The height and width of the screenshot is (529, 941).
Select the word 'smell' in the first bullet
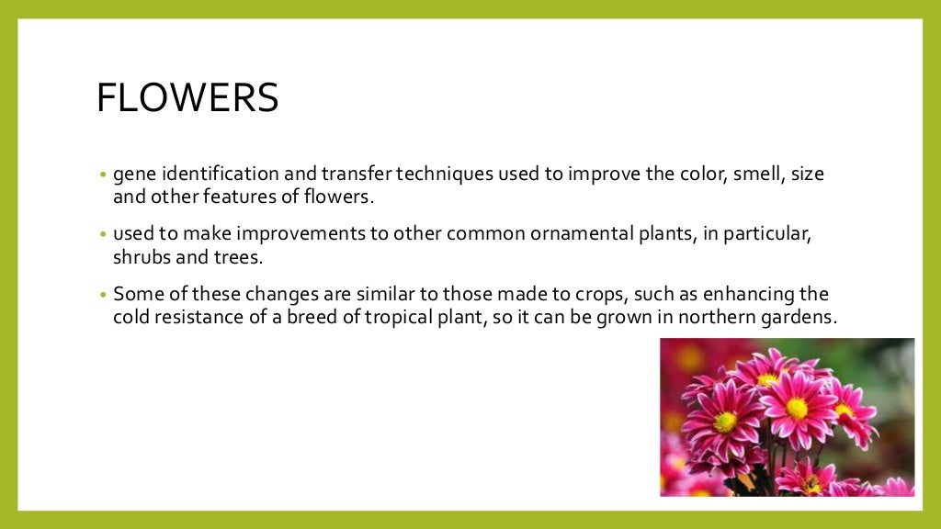pyautogui.click(x=756, y=174)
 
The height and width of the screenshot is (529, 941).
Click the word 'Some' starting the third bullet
pyautogui.click(x=135, y=295)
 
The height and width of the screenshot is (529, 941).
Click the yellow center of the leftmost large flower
pyautogui.click(x=725, y=422)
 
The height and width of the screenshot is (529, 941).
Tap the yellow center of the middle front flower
pyautogui.click(x=797, y=408)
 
